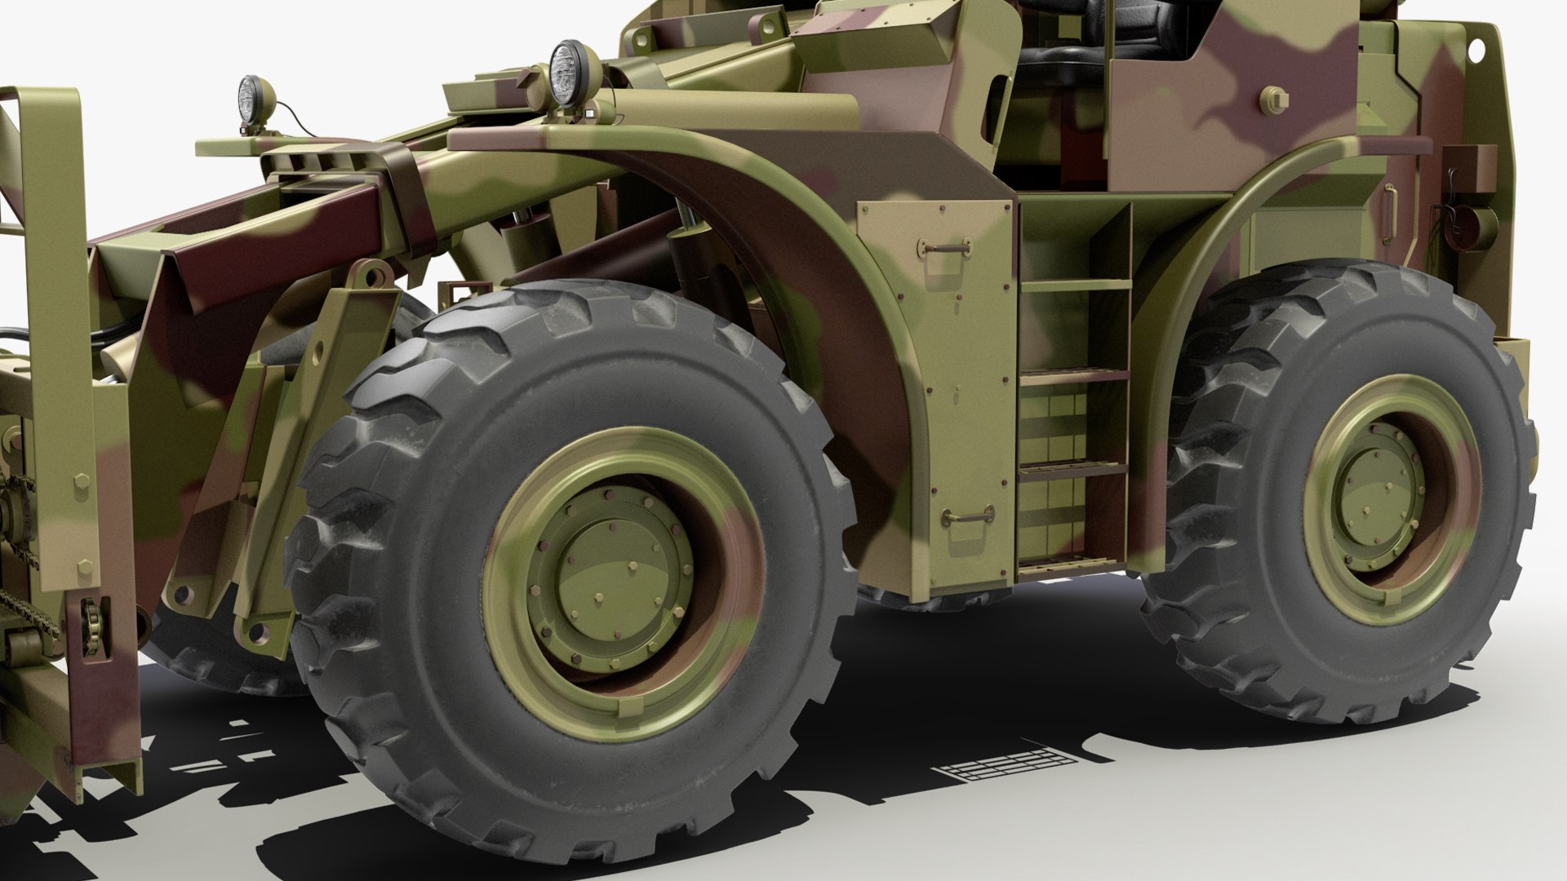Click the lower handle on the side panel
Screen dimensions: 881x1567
point(969,515)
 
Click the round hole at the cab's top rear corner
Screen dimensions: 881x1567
point(1476,49)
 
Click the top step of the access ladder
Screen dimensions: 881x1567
point(1076,286)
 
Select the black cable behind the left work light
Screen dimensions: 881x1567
point(286,114)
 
